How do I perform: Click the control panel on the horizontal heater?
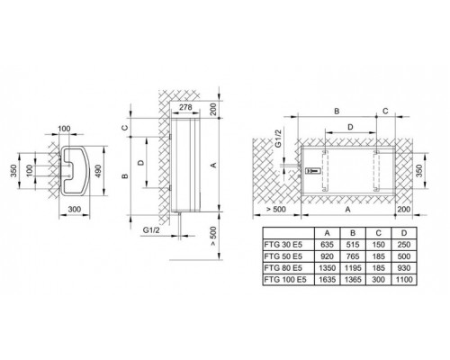(312, 171)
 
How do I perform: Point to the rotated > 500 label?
(213, 235)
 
